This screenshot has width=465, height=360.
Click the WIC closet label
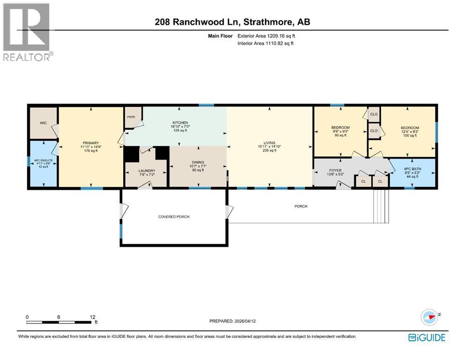(43, 123)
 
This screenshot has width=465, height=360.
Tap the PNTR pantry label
(130, 118)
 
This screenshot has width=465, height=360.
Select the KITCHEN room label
(180, 122)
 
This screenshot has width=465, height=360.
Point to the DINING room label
(198, 162)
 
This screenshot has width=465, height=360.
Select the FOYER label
(335, 171)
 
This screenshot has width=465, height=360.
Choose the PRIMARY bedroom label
(90, 143)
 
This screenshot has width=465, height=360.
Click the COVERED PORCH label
(173, 217)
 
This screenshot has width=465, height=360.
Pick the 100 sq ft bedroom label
(410, 128)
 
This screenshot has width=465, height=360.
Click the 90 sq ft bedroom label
(340, 127)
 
